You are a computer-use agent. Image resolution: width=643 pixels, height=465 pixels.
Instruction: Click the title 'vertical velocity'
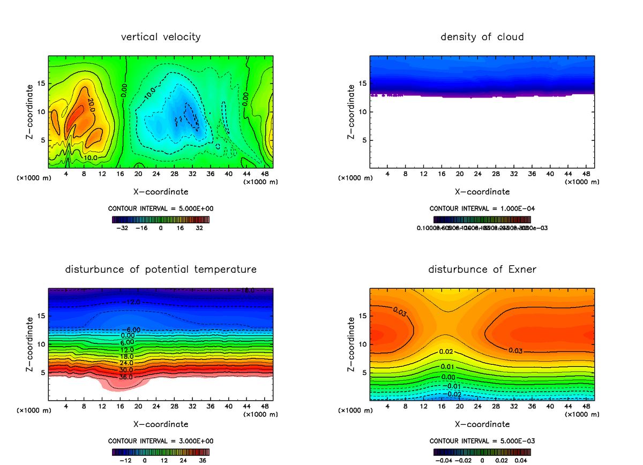[x=161, y=37]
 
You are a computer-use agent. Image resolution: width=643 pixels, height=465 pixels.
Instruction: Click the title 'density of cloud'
[x=482, y=37]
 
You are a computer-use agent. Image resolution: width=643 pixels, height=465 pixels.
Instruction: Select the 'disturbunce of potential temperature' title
[x=161, y=269]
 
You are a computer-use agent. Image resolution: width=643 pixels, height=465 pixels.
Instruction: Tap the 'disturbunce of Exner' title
[x=482, y=269]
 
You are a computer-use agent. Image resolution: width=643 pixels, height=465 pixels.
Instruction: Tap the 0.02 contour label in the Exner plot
[x=446, y=351]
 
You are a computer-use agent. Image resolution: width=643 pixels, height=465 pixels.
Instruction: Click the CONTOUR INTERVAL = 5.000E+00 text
[x=161, y=208]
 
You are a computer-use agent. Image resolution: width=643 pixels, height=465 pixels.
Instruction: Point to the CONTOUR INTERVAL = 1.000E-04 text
[x=482, y=208]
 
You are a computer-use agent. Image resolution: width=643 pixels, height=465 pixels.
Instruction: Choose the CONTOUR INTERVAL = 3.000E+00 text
[x=161, y=441]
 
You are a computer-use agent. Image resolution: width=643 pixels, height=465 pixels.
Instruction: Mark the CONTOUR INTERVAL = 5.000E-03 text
[x=482, y=441]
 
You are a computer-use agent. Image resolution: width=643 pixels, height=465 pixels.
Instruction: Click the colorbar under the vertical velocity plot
[x=161, y=219]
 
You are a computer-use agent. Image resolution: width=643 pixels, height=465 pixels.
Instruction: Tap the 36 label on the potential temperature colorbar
[x=203, y=460]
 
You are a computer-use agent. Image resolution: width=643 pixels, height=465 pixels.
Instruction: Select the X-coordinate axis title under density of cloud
[x=482, y=191]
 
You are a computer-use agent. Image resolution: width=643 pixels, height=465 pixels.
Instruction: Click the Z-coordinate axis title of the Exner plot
[x=352, y=343]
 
